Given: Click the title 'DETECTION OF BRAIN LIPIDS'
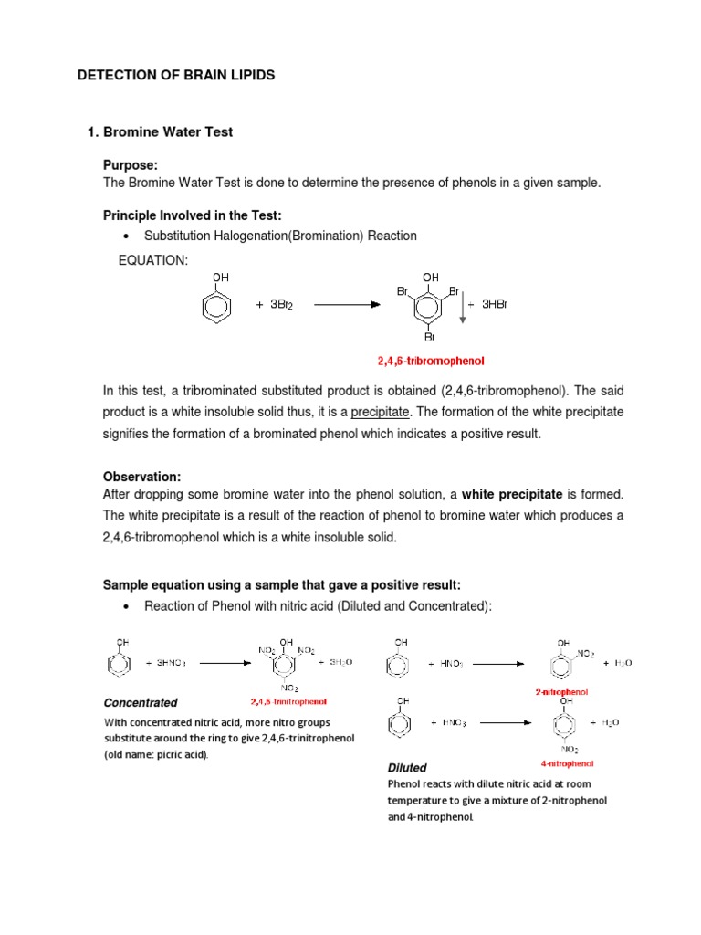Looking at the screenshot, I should tap(175, 75).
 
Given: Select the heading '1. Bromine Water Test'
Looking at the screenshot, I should tap(160, 132).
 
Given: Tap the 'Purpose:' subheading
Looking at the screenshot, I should tap(131, 164).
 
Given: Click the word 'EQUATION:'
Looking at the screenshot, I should tap(153, 261).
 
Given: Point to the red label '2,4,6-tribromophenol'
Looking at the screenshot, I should tap(431, 361).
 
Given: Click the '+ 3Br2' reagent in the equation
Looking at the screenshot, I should tap(273, 305).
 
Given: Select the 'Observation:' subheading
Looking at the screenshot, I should tap(141, 478).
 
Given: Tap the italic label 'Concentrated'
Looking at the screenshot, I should tap(141, 703).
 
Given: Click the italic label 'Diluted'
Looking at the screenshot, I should tap(407, 768).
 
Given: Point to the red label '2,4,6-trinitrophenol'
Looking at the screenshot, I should tap(288, 702).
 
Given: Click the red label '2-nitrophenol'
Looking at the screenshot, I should tap(561, 692).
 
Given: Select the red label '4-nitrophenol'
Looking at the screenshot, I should tap(567, 763).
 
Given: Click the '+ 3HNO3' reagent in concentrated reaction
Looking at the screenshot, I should tap(165, 663).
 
